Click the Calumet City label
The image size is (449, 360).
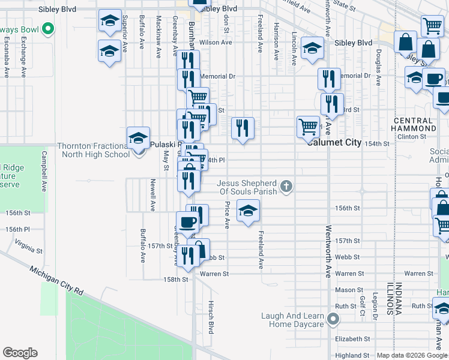[x=334, y=143]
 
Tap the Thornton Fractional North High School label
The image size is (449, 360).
[x=93, y=149]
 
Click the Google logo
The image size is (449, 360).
[x=20, y=353]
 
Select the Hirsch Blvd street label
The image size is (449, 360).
[x=211, y=317]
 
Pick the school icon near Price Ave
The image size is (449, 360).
[x=248, y=211]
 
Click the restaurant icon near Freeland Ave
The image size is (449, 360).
[x=243, y=128]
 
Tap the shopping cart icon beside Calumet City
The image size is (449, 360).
[x=308, y=127]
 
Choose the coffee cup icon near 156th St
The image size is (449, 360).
[x=187, y=223]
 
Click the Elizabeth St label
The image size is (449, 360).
[x=348, y=339]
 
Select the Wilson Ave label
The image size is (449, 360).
[x=215, y=43]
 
